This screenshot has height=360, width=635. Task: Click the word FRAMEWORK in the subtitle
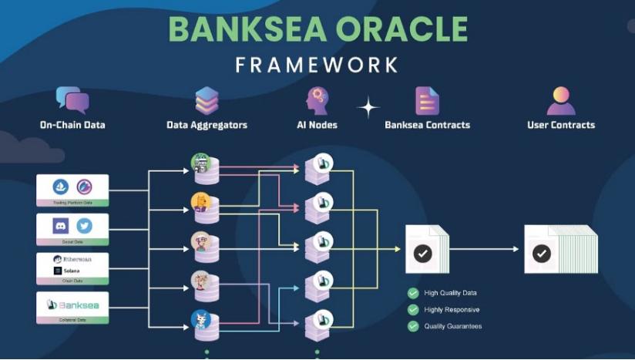pyautogui.click(x=317, y=65)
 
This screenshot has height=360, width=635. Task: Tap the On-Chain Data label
pyautogui.click(x=72, y=125)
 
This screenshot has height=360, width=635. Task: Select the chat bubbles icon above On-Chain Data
pyautogui.click(x=72, y=100)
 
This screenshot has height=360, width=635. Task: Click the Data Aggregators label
pyautogui.click(x=207, y=125)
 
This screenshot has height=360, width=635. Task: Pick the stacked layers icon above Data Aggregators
pyautogui.click(x=207, y=100)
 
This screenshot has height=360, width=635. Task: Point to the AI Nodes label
pyautogui.click(x=317, y=125)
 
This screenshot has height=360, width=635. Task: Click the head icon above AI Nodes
pyautogui.click(x=317, y=100)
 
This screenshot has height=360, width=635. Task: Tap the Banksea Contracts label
pyautogui.click(x=427, y=125)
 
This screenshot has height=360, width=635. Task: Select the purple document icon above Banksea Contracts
pyautogui.click(x=427, y=100)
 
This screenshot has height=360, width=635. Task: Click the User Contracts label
pyautogui.click(x=561, y=125)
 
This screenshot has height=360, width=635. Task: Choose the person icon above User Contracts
pyautogui.click(x=561, y=100)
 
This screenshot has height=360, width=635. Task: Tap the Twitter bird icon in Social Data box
pyautogui.click(x=84, y=226)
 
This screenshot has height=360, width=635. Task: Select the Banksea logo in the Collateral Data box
pyautogui.click(x=72, y=304)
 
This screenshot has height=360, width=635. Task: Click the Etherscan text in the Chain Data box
pyautogui.click(x=76, y=259)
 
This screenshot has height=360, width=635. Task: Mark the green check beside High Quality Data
pyautogui.click(x=413, y=293)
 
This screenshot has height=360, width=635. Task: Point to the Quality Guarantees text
pyautogui.click(x=453, y=326)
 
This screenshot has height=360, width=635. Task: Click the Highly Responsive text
pyautogui.click(x=452, y=310)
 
